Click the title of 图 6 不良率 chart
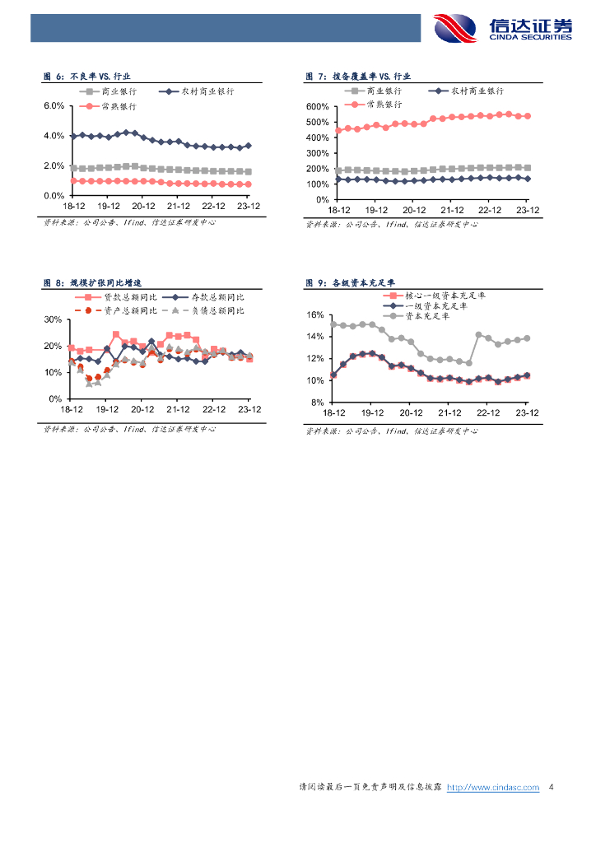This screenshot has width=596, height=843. click(87, 76)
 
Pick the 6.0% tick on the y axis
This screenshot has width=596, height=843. click(54, 106)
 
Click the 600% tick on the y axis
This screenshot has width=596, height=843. click(317, 107)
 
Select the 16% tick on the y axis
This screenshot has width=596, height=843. click(315, 315)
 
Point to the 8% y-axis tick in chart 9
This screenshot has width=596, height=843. click(318, 403)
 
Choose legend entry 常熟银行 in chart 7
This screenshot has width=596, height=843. click(384, 105)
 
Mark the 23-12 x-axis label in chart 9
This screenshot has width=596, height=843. click(526, 412)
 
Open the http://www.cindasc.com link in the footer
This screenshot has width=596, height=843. click(492, 788)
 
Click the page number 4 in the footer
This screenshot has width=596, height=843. click(551, 788)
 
